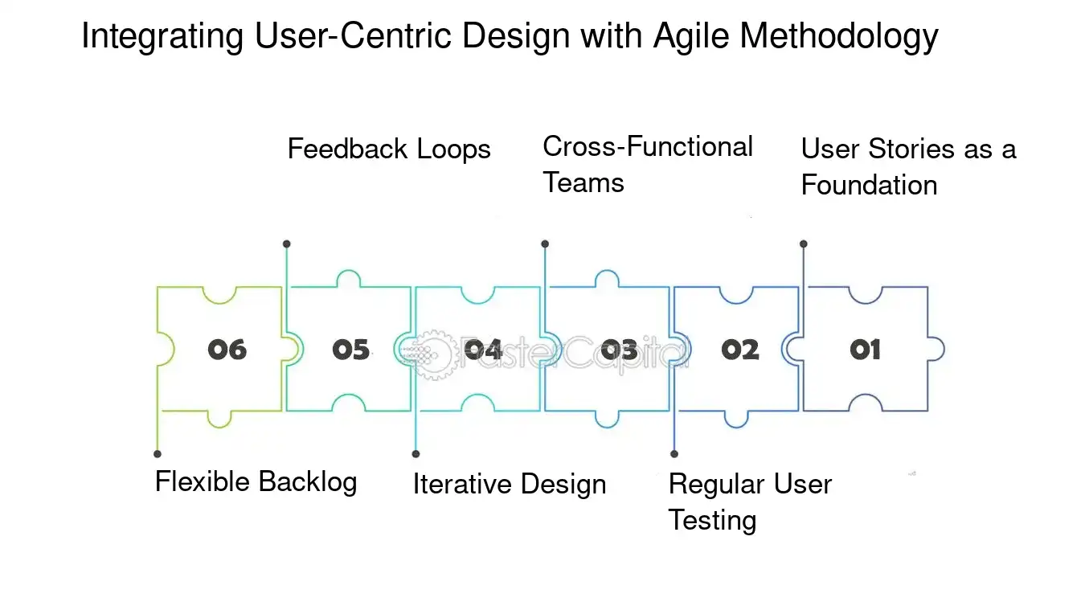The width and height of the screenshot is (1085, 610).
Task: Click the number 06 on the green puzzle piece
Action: point(227,350)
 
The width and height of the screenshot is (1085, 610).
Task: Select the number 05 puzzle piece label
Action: point(350,350)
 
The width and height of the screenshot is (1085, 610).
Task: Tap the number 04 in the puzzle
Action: point(484,350)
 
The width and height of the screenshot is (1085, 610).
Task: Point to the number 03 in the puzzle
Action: point(619,350)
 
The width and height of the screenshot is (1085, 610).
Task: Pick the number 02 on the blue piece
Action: point(739,350)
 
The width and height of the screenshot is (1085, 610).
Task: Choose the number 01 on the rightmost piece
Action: point(865,350)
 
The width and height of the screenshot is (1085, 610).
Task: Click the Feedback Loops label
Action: point(389,149)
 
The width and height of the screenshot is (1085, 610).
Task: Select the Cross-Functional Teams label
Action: point(647,165)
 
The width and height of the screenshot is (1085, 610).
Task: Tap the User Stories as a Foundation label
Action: point(907,167)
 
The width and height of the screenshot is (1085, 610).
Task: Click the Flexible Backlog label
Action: point(256,482)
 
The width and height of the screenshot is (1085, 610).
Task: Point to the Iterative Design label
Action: point(509,485)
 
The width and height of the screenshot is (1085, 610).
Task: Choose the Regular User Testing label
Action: point(749,502)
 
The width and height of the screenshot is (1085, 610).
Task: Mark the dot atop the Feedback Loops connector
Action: point(287,244)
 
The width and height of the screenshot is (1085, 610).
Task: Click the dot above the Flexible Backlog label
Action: point(158,454)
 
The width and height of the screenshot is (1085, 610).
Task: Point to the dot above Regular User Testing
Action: point(674,454)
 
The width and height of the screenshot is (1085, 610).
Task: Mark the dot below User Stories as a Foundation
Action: point(804,244)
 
